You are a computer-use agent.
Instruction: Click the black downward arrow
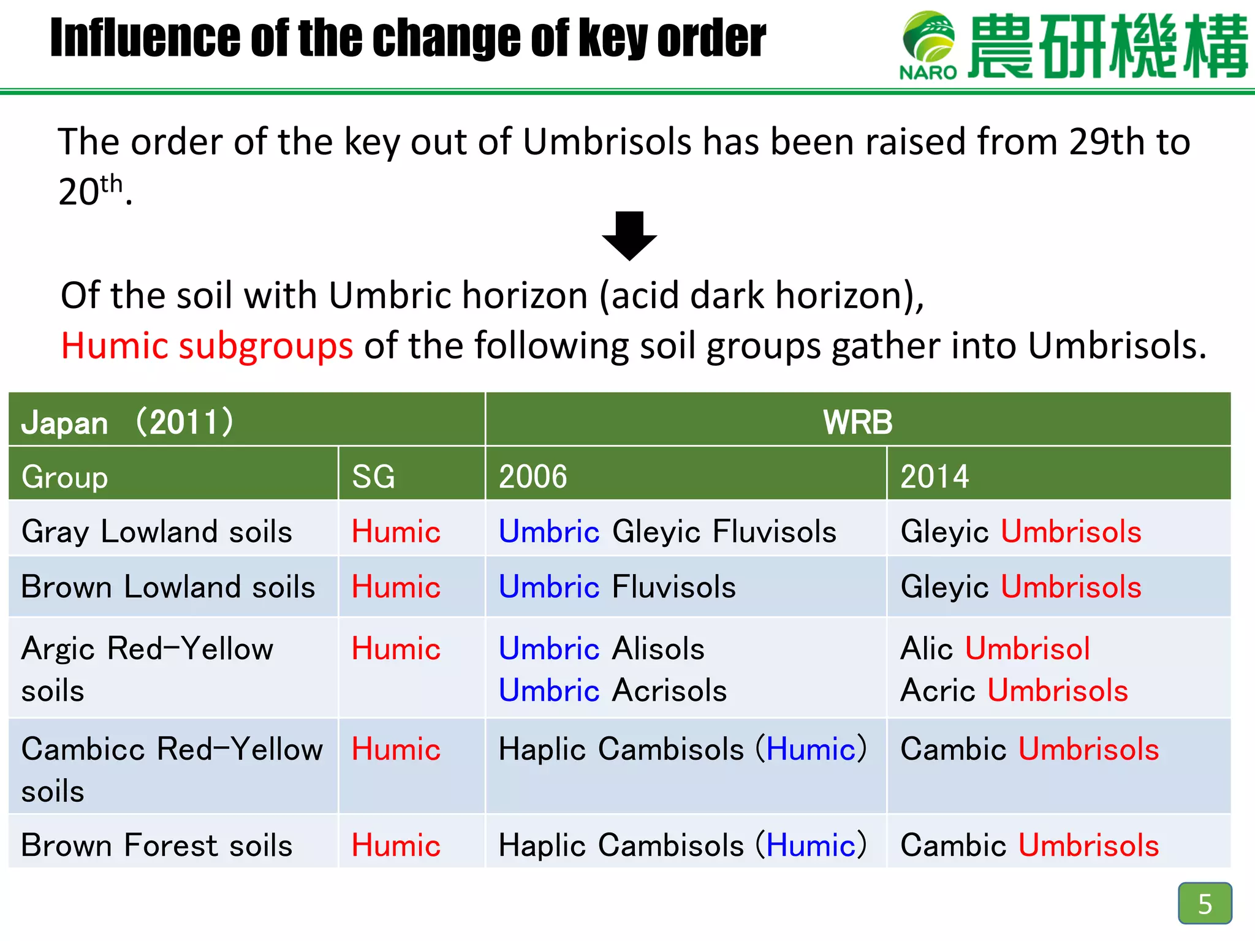(629, 236)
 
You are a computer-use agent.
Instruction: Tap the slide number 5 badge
(1204, 903)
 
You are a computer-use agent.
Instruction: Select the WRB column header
(857, 422)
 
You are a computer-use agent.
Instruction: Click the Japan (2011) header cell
(127, 422)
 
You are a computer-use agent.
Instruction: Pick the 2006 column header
(533, 477)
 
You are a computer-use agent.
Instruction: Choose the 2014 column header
(935, 477)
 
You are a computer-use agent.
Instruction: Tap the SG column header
(373, 477)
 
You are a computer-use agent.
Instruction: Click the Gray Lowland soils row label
(157, 531)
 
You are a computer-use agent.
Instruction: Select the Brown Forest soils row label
(157, 845)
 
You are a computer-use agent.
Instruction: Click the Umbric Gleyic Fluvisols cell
(667, 531)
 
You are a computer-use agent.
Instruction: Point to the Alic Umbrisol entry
(995, 648)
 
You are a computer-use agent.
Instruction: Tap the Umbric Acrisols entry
(613, 690)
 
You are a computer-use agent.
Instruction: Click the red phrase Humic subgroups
(207, 346)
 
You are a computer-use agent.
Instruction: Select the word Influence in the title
(145, 38)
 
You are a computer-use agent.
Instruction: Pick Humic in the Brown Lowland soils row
(396, 587)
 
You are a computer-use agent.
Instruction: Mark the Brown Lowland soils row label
(168, 587)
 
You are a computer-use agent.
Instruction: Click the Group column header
(64, 477)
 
